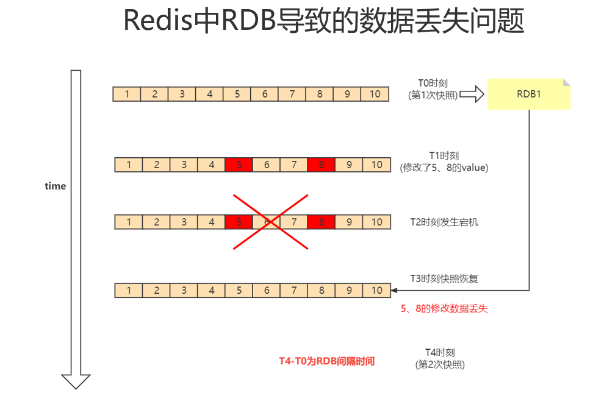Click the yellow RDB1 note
[528, 94]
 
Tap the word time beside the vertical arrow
[55, 186]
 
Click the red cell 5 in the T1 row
[239, 165]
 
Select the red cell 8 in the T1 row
[322, 165]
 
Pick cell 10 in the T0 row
[375, 94]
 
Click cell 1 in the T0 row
[127, 94]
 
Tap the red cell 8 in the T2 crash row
[322, 222]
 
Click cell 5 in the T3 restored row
[239, 291]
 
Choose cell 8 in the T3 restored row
[322, 291]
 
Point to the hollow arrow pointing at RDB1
[471, 94]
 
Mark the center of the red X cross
[271, 222]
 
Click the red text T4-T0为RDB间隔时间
[323, 361]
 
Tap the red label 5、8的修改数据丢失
[444, 309]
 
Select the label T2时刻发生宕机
[444, 222]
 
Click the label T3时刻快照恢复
[444, 278]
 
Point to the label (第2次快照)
[440, 365]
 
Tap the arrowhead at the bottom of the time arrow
[76, 381]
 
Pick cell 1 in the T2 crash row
[129, 222]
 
